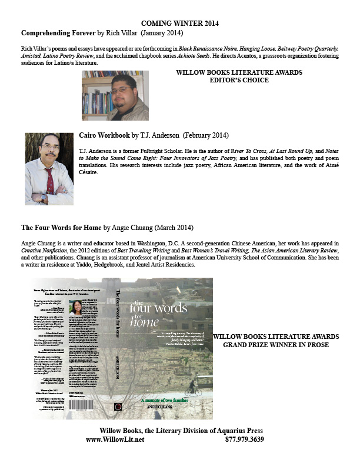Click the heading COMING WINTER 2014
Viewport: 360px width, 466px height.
click(x=180, y=23)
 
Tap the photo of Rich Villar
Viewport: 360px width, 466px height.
click(x=115, y=95)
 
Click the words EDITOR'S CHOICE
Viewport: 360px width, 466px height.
click(x=239, y=82)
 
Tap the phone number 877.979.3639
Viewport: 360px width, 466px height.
click(x=244, y=439)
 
